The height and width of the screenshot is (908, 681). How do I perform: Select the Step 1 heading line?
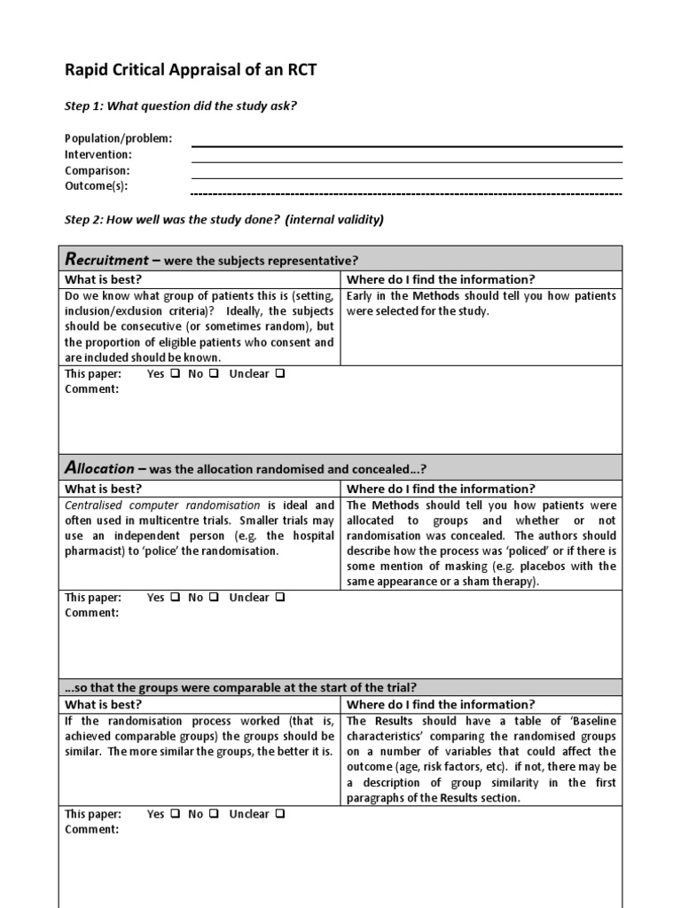click(181, 106)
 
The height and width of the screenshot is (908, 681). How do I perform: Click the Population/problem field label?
click(119, 138)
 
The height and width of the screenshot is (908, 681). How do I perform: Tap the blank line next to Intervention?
click(406, 161)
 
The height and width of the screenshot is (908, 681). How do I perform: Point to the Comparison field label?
click(98, 170)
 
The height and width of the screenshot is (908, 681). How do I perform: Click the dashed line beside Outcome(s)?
click(406, 193)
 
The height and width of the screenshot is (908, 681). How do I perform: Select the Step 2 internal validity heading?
click(224, 220)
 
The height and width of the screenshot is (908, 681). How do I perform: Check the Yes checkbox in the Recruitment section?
click(175, 374)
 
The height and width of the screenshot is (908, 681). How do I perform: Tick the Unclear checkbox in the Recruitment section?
click(280, 374)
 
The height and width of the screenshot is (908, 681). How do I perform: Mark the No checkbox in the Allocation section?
click(214, 598)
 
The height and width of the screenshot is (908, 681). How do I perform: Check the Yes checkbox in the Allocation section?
click(175, 598)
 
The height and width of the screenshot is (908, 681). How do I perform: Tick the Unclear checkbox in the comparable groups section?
click(280, 814)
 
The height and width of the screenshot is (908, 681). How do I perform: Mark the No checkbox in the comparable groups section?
click(214, 814)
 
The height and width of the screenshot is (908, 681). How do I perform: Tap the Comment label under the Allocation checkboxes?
click(92, 613)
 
